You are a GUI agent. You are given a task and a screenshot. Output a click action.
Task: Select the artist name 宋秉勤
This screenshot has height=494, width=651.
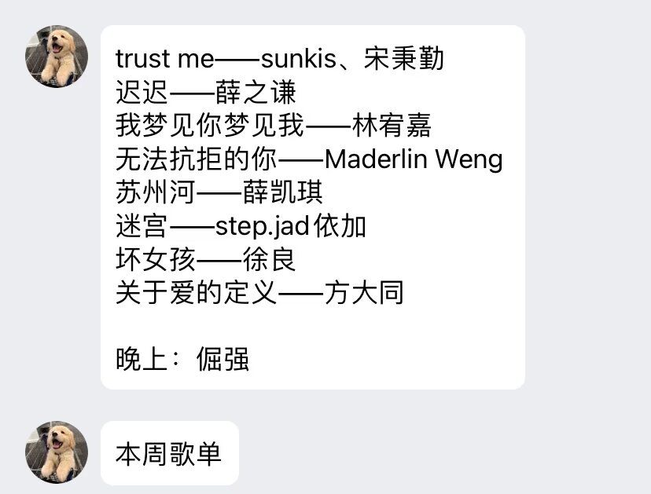pyautogui.click(x=404, y=59)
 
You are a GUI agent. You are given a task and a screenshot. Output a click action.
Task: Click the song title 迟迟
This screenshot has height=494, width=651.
pyautogui.click(x=142, y=93)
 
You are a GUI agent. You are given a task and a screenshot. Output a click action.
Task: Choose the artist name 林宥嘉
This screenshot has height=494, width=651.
pyautogui.click(x=392, y=126)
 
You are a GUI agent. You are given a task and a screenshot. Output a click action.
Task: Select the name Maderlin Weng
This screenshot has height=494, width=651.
pyautogui.click(x=414, y=159)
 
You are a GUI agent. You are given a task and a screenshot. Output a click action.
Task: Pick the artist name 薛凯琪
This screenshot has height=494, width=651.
pyautogui.click(x=283, y=193)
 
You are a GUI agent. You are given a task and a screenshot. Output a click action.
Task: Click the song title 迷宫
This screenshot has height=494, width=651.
pyautogui.click(x=142, y=227)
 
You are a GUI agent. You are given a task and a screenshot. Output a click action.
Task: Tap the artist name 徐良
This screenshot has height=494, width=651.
pyautogui.click(x=270, y=260)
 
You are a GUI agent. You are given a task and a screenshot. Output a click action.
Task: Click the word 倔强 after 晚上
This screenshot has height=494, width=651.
pyautogui.click(x=223, y=360)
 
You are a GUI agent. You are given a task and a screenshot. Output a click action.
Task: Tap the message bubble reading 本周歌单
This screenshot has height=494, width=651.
pyautogui.click(x=169, y=454)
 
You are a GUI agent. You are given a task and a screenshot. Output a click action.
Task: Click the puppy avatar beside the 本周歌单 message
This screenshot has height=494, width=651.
pyautogui.click(x=57, y=452)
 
